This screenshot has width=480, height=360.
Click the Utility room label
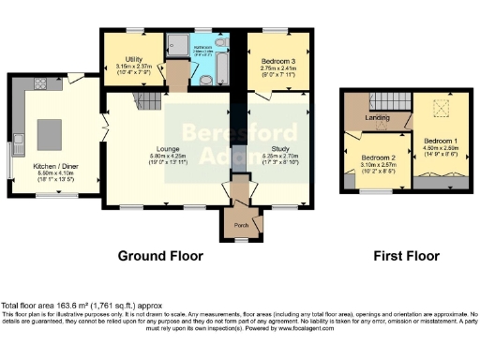coord(126,58)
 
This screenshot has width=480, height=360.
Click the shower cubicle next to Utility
coord(176,45)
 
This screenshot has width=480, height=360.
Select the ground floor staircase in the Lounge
coord(143,99)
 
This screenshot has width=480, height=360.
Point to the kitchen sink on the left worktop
coord(18,142)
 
